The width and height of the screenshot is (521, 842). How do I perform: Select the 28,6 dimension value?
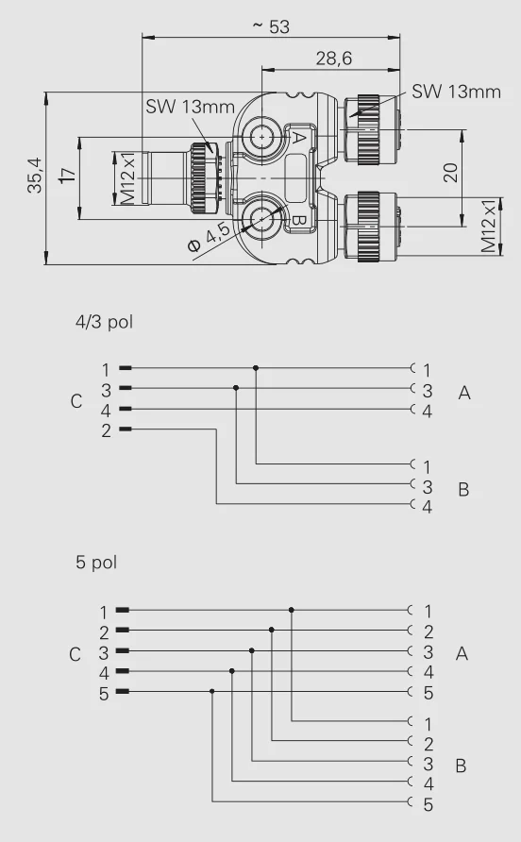pos(333,59)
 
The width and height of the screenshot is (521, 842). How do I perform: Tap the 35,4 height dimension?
pos(35,177)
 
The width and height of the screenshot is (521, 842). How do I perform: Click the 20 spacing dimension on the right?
pos(450,173)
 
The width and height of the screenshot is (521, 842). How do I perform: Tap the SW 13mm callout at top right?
pos(456,92)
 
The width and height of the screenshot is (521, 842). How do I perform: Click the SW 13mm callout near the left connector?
pos(189,107)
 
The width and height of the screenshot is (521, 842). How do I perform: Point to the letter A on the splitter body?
pos(297,139)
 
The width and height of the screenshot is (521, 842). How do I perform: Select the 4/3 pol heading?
pos(105,322)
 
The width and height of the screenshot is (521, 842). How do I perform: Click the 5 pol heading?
pos(96,563)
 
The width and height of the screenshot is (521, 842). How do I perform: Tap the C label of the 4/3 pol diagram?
pos(76,401)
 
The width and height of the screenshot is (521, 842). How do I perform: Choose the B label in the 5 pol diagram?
pos(461,766)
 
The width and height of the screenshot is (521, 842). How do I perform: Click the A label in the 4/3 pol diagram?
pos(463,393)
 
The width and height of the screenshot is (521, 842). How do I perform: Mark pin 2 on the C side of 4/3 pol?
pos(107,429)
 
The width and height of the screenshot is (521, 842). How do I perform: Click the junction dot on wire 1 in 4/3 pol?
pos(256,368)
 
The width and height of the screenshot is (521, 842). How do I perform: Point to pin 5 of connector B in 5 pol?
pos(428,805)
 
